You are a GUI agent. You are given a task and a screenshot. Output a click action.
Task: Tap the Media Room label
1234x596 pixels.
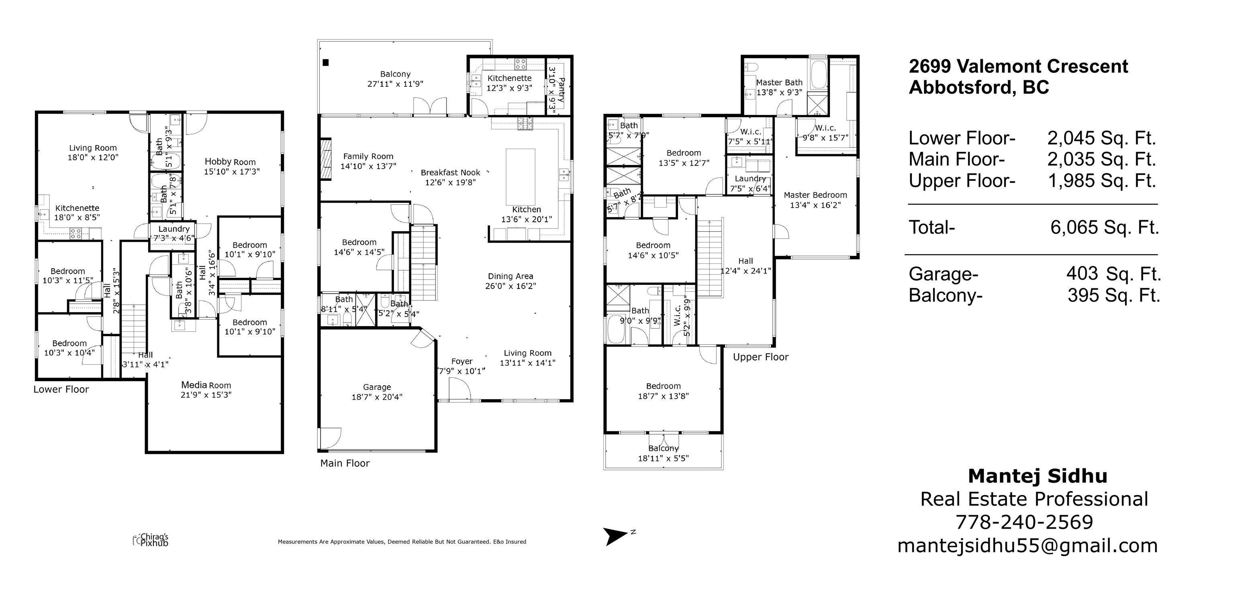(x=206, y=385)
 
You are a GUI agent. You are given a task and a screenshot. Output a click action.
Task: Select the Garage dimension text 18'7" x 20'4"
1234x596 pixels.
(x=377, y=397)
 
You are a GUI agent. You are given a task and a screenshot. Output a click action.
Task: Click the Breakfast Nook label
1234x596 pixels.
(x=450, y=172)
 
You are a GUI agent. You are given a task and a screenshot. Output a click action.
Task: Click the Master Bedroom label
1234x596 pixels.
(x=815, y=195)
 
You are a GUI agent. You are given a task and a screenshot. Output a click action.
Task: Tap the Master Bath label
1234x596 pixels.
(x=779, y=82)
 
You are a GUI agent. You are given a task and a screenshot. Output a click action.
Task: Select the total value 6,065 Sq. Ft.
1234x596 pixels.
(x=1105, y=227)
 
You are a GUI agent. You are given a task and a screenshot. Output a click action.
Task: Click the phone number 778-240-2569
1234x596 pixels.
(x=1024, y=522)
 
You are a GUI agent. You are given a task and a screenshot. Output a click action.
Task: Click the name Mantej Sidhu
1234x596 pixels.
(x=1038, y=476)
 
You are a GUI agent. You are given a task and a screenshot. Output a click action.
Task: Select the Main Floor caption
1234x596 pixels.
(x=345, y=463)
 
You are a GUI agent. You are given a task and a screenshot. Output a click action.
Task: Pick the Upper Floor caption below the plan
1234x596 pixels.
(x=761, y=357)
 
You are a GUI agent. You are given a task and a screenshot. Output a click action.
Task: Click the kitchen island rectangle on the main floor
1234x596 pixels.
(x=521, y=176)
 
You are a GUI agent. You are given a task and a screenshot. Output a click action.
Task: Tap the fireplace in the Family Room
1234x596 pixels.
(x=326, y=159)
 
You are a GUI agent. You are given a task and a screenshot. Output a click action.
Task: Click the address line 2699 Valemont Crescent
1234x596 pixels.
(x=1018, y=66)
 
